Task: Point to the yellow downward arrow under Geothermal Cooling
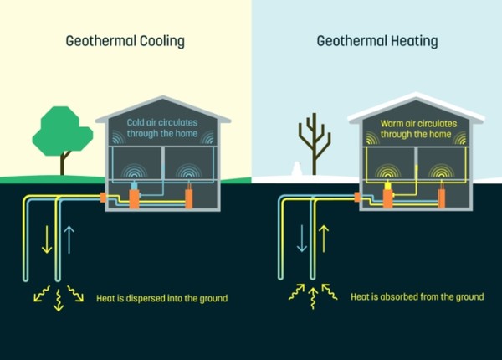click(44, 238)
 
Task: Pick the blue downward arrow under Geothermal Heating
click(301, 238)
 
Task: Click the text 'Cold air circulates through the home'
click(163, 127)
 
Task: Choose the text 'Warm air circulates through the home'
click(416, 127)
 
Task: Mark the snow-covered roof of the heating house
click(416, 106)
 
